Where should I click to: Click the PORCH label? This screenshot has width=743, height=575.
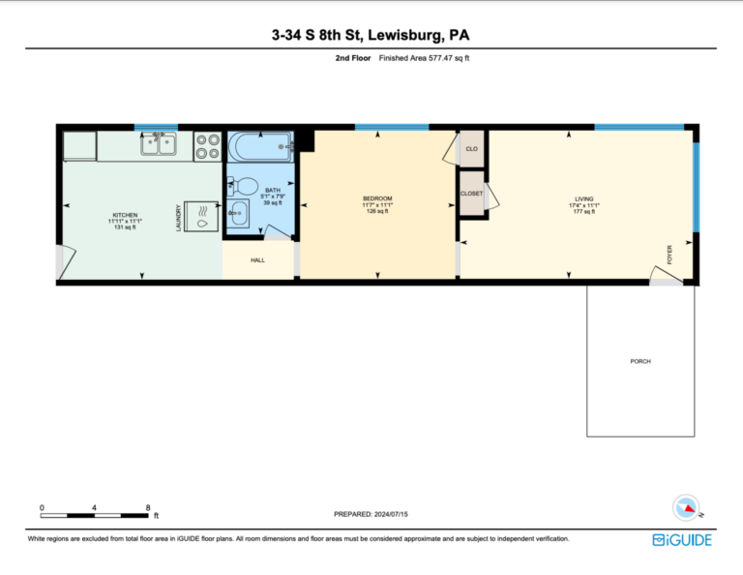pos(640,361)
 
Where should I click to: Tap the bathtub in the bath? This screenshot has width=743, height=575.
pos(260,146)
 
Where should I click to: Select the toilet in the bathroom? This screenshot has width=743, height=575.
pos(243,185)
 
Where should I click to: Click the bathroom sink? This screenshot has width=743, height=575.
pos(238,213)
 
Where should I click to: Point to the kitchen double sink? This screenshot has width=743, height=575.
pos(159,143)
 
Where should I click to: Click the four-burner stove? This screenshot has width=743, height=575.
pos(208,146)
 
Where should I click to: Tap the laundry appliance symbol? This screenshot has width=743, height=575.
pos(201,217)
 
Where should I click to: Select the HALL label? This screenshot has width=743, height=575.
pos(257,260)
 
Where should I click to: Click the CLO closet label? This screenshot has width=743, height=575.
pos(471,149)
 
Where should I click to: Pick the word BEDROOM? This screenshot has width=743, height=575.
pos(377,198)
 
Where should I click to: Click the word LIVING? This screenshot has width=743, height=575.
pos(584,199)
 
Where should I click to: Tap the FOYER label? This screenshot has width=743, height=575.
pos(669,255)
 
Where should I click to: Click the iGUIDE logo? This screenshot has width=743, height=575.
pos(682,540)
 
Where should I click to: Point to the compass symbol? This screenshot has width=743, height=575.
pos(687,508)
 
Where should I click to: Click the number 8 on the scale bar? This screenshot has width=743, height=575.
pos(148,507)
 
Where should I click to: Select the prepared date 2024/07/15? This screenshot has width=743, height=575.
pos(391,514)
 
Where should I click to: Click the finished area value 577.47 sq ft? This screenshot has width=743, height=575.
pos(449,58)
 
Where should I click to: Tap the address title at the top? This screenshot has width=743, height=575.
pos(371,35)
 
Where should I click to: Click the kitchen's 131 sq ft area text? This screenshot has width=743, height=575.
pos(125,227)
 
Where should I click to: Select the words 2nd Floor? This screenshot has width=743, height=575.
pos(353,58)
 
